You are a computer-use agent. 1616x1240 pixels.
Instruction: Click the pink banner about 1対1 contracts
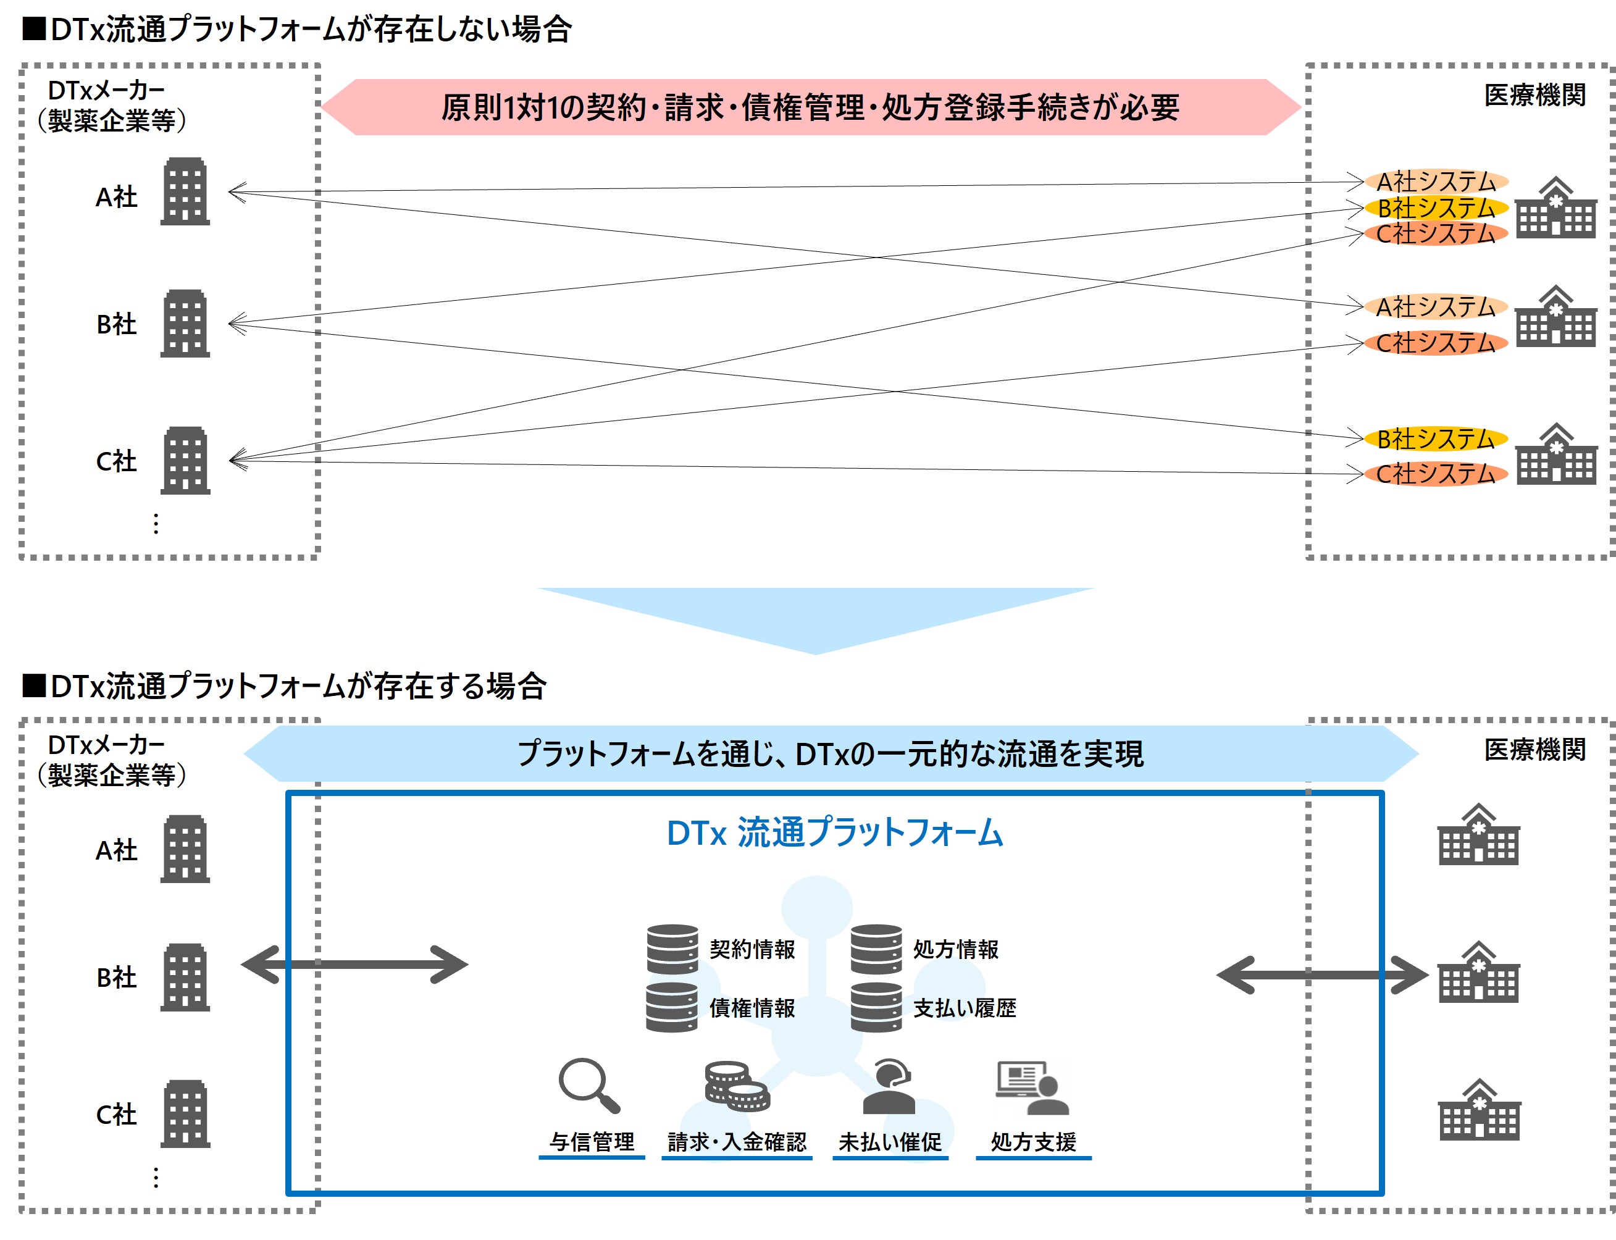pyautogui.click(x=810, y=107)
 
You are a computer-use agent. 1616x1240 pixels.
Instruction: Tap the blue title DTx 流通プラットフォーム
pyautogui.click(x=835, y=832)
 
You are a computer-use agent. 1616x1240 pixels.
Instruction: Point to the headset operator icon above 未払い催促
pyautogui.click(x=889, y=1086)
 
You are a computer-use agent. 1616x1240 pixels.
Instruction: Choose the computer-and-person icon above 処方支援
pyautogui.click(x=1032, y=1087)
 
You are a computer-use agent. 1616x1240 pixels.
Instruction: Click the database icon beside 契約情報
pyautogui.click(x=672, y=949)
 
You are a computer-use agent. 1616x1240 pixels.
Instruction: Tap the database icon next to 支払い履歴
pyautogui.click(x=876, y=1007)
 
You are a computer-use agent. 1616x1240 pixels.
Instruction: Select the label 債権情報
pyautogui.click(x=752, y=1008)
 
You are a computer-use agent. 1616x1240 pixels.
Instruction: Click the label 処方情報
pyautogui.click(x=955, y=949)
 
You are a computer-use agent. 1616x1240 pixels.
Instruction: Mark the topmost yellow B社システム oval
pyautogui.click(x=1435, y=208)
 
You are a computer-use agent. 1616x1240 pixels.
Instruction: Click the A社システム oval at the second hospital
pyautogui.click(x=1435, y=306)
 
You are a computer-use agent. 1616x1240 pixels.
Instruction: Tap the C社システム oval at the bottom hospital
pyautogui.click(x=1435, y=473)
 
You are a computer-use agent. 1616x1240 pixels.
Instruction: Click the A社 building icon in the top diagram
pyautogui.click(x=185, y=191)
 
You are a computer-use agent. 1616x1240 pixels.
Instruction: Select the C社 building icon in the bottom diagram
pyautogui.click(x=185, y=1114)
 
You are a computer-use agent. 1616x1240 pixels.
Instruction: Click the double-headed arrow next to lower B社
pyautogui.click(x=354, y=964)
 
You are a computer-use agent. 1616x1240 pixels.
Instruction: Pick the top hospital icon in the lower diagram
pyautogui.click(x=1478, y=834)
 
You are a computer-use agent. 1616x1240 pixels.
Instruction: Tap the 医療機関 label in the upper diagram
pyautogui.click(x=1535, y=95)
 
